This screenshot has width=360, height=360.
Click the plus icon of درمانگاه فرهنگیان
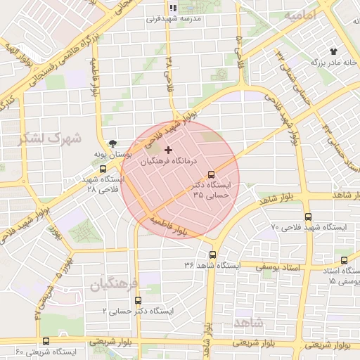[168, 150]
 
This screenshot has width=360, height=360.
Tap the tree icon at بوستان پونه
[115, 142]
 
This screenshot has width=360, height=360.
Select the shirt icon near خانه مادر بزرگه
[333, 51]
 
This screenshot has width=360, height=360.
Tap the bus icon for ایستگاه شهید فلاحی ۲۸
[103, 169]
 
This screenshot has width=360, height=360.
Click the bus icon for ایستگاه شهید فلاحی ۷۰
[308, 217]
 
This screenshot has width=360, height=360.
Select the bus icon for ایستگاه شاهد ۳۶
[212, 255]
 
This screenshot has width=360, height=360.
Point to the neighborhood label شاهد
[250, 322]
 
